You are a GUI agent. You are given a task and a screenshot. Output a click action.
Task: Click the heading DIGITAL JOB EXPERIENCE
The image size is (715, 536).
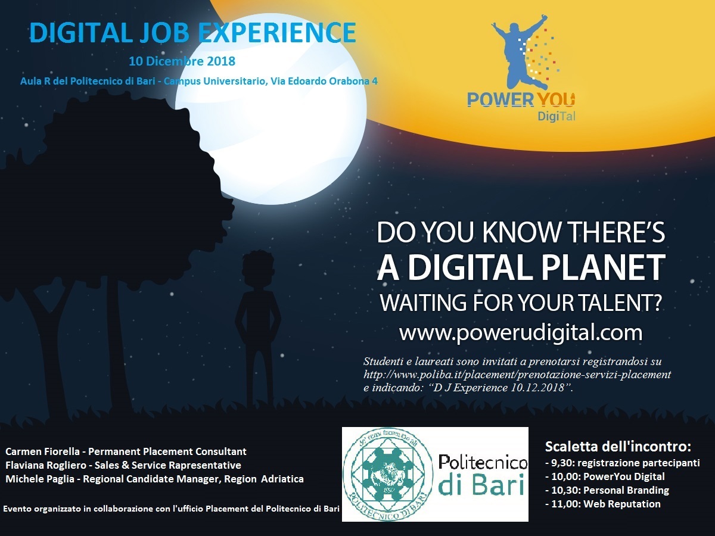[x=192, y=33]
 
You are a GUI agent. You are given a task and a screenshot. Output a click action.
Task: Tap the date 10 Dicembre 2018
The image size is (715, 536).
[x=182, y=61]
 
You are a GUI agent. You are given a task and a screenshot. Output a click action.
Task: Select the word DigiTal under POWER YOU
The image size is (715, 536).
[x=557, y=116]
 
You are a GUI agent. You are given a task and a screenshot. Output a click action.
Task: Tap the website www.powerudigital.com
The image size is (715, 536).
[x=521, y=333]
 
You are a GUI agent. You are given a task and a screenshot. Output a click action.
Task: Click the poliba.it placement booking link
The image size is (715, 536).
[x=517, y=375]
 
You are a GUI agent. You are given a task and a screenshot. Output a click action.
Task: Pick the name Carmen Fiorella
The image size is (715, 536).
[x=42, y=451]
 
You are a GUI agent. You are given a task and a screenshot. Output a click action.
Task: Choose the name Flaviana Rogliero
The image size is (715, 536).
[x=46, y=465]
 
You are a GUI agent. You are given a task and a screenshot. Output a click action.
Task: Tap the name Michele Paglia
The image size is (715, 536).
[x=40, y=479]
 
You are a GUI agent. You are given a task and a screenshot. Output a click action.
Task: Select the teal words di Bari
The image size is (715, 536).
[x=481, y=485]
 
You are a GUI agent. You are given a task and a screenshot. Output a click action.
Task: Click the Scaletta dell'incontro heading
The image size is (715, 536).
[x=618, y=447]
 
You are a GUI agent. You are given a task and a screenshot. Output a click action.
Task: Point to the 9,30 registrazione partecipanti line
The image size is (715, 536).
[x=622, y=463]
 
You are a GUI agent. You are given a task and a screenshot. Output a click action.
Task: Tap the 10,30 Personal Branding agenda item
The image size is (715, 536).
[x=607, y=490]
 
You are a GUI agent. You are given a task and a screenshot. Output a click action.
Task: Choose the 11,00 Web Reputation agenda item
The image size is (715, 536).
[x=603, y=504]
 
